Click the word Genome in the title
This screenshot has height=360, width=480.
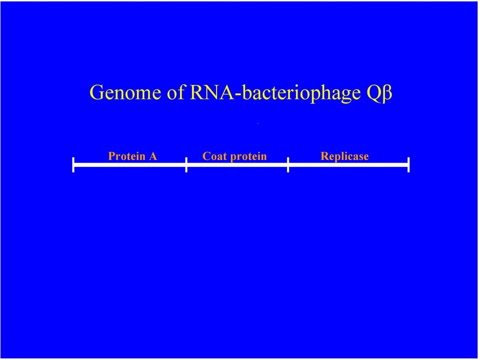125,92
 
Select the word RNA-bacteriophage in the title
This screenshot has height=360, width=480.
275,93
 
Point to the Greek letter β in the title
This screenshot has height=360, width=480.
386,93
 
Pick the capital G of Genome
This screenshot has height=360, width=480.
97,92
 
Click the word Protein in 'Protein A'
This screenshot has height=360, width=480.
126,156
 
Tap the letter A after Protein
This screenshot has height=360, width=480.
153,156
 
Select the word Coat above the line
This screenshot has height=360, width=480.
214,156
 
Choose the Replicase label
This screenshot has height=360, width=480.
344,156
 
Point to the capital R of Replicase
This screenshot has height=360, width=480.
324,156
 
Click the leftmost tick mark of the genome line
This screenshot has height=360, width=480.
73,164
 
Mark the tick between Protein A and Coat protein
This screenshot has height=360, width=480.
186,164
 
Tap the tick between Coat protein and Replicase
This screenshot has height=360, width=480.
288,164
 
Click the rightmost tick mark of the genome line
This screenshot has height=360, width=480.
408,164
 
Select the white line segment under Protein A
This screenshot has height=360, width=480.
130,165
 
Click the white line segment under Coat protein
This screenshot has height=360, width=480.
237,165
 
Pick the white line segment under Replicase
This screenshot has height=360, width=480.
348,165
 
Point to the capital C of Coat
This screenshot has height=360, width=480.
206,156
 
